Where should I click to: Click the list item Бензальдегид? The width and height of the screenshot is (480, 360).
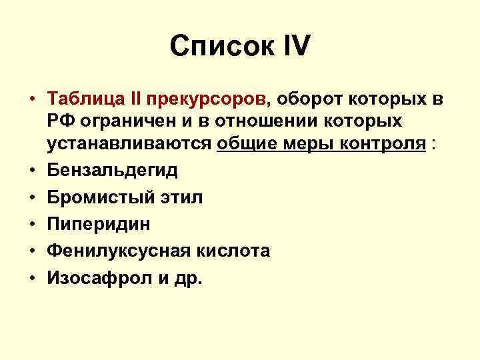coord(112,170)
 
